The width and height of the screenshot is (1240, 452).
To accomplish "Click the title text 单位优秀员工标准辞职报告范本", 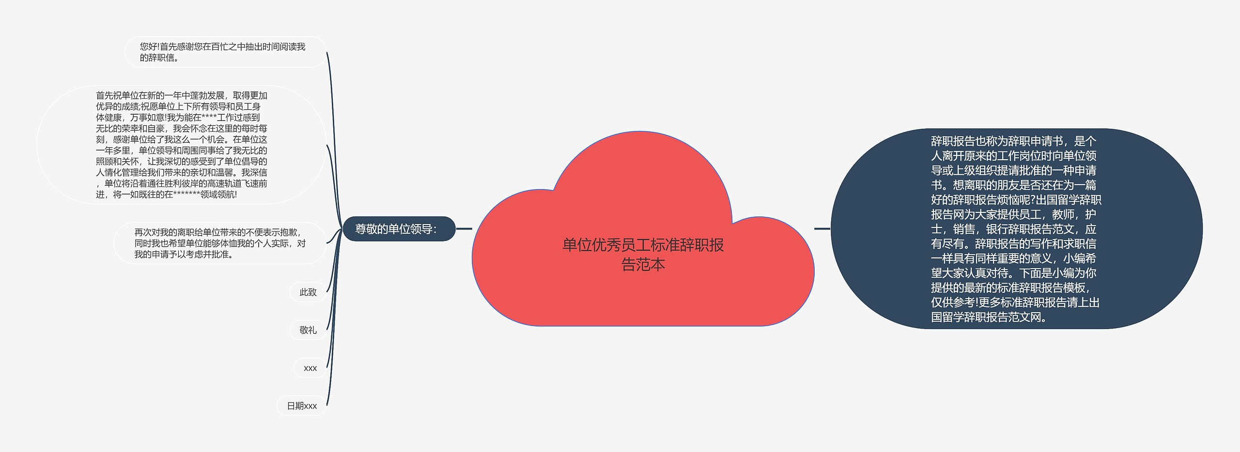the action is click(643, 255).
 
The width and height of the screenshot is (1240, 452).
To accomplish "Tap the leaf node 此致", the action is click(308, 292).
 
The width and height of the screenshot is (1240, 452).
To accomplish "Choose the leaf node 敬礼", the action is click(308, 330).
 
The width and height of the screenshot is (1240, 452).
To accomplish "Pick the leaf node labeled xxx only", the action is click(310, 368).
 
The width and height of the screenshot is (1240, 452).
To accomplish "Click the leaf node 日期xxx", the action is click(301, 406).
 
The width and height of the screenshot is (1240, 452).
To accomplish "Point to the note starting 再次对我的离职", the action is click(220, 243).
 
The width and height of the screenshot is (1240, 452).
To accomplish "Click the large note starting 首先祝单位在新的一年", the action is click(181, 145).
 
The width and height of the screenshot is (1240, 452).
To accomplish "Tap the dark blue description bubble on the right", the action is click(1016, 229).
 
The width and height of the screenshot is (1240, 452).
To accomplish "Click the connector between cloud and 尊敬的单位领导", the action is click(464, 229).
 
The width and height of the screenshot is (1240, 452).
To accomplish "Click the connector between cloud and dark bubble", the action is click(822, 228).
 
